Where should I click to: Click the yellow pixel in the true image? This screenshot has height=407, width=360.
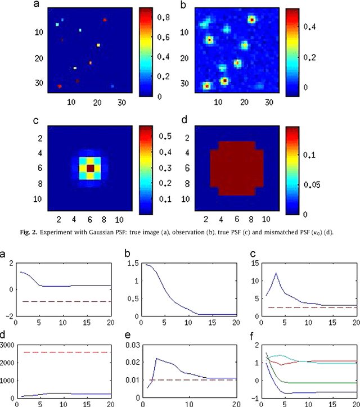(x=98, y=44)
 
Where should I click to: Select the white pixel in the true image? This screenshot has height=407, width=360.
(x=75, y=68)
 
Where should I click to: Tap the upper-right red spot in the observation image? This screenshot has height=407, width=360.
(x=251, y=20)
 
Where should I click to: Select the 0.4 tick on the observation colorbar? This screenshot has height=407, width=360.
(x=299, y=26)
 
